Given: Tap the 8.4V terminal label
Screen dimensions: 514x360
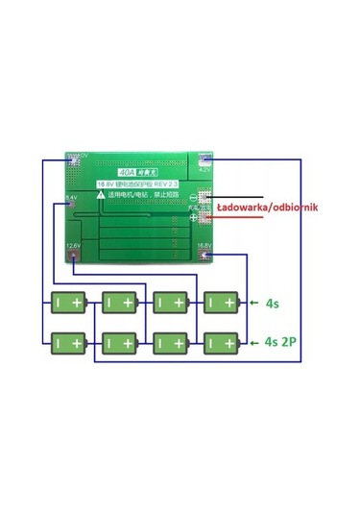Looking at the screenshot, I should (71, 197).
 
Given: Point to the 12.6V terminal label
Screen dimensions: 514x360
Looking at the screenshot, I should (73, 246).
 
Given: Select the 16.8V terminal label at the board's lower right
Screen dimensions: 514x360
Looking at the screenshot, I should (204, 246).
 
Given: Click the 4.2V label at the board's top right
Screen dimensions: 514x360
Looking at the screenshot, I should (204, 169).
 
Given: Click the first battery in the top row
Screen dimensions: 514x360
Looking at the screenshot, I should (70, 302).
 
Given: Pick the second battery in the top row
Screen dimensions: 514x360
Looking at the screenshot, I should (120, 302).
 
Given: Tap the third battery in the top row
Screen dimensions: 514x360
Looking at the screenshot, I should (170, 302).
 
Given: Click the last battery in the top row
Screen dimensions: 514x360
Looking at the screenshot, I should (219, 302).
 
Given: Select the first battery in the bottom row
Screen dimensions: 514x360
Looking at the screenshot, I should (70, 341).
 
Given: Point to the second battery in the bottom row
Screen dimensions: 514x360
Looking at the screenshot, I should (120, 341).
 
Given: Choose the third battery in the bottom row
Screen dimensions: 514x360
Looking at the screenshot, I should (170, 341).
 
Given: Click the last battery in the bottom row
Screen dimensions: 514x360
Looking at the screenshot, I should (219, 341).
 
